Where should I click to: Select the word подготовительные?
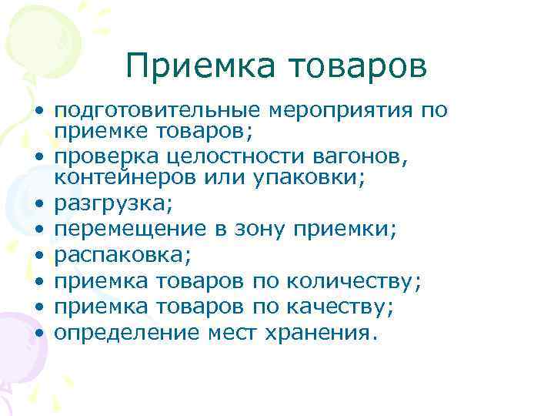(155, 110)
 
